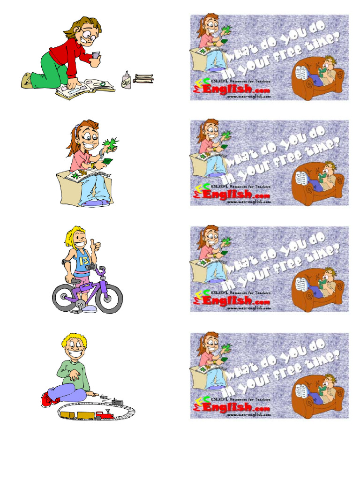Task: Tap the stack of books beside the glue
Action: [143, 78]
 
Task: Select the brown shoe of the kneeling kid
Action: [27, 81]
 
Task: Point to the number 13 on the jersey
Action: [84, 260]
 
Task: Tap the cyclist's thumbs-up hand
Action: [97, 245]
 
